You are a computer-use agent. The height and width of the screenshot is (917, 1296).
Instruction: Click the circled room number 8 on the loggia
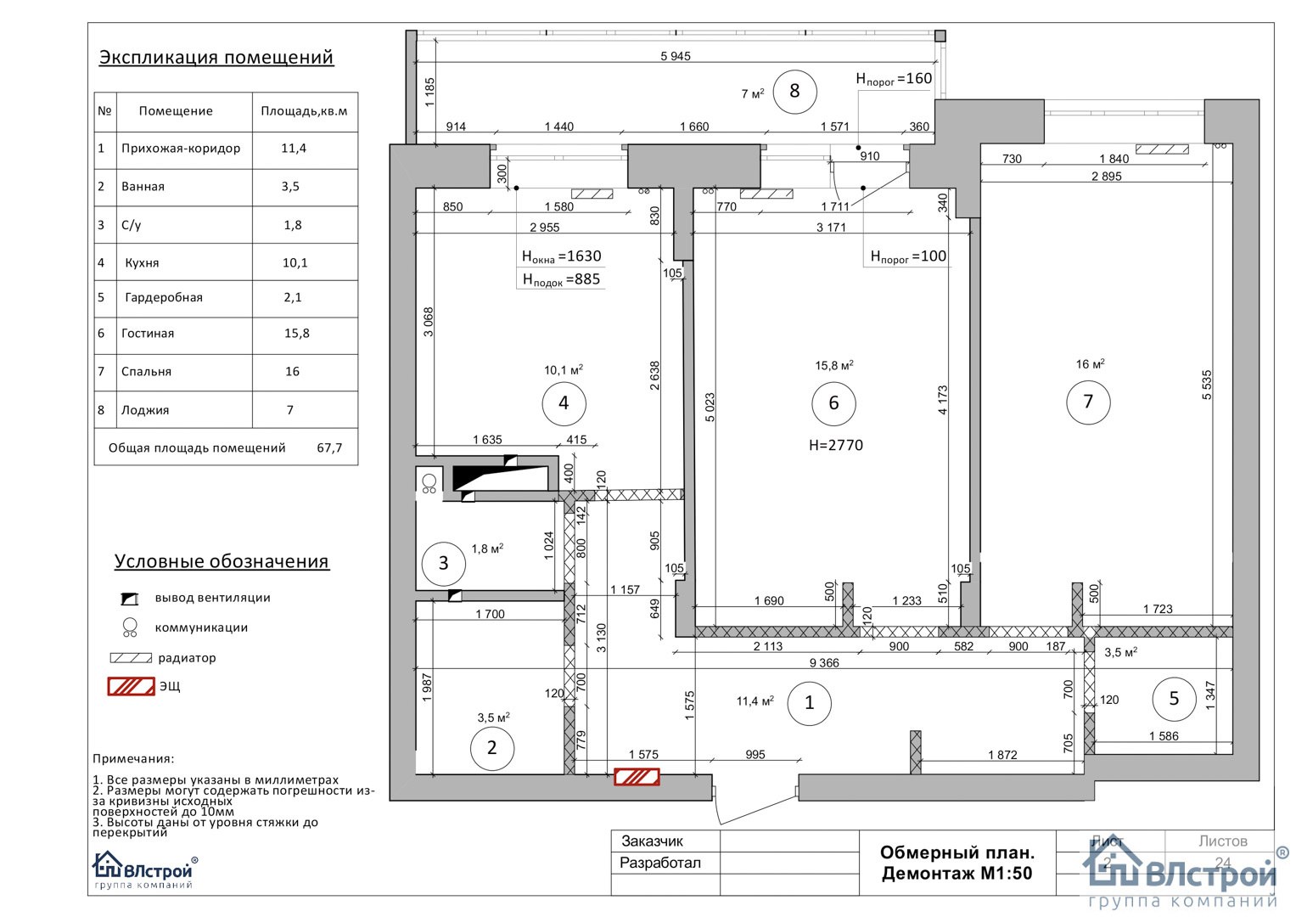pyautogui.click(x=795, y=91)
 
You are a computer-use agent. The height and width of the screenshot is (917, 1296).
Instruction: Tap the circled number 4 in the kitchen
pyautogui.click(x=564, y=403)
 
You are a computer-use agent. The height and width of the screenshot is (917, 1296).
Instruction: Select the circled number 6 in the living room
pyautogui.click(x=833, y=403)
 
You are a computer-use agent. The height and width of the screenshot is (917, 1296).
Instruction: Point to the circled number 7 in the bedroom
pyautogui.click(x=1088, y=402)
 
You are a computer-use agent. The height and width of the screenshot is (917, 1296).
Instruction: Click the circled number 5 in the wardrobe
pyautogui.click(x=1174, y=699)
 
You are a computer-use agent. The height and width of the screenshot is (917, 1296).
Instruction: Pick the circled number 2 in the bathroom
pyautogui.click(x=491, y=748)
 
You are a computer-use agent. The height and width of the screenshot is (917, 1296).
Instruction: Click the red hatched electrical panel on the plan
pyautogui.click(x=637, y=776)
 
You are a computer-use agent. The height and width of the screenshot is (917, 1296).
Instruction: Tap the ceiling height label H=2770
pyautogui.click(x=835, y=445)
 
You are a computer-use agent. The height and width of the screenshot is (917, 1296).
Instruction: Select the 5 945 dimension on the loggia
pyautogui.click(x=676, y=56)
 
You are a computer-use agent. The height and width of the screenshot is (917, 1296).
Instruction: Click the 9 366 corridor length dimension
pyautogui.click(x=824, y=663)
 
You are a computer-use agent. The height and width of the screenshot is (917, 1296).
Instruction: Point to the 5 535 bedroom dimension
pyautogui.click(x=1207, y=385)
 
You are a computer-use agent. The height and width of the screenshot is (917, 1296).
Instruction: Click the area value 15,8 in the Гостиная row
pyautogui.click(x=297, y=334)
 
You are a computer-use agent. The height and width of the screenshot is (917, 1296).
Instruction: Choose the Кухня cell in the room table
pyautogui.click(x=142, y=263)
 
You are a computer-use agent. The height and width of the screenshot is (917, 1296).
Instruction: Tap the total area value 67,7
pyautogui.click(x=329, y=448)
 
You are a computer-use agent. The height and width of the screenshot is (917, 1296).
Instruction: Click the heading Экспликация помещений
pyautogui.click(x=216, y=58)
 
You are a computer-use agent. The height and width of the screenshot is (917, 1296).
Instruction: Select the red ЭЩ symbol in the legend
pyautogui.click(x=132, y=686)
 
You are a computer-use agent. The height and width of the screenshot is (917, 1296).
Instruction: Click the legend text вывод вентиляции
pyautogui.click(x=212, y=598)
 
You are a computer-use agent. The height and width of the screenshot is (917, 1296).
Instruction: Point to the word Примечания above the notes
pyautogui.click(x=133, y=759)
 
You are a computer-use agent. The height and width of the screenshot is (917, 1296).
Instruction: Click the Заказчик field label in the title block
pyautogui.click(x=652, y=841)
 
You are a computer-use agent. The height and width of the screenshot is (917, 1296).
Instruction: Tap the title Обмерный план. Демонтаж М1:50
pyautogui.click(x=957, y=863)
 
